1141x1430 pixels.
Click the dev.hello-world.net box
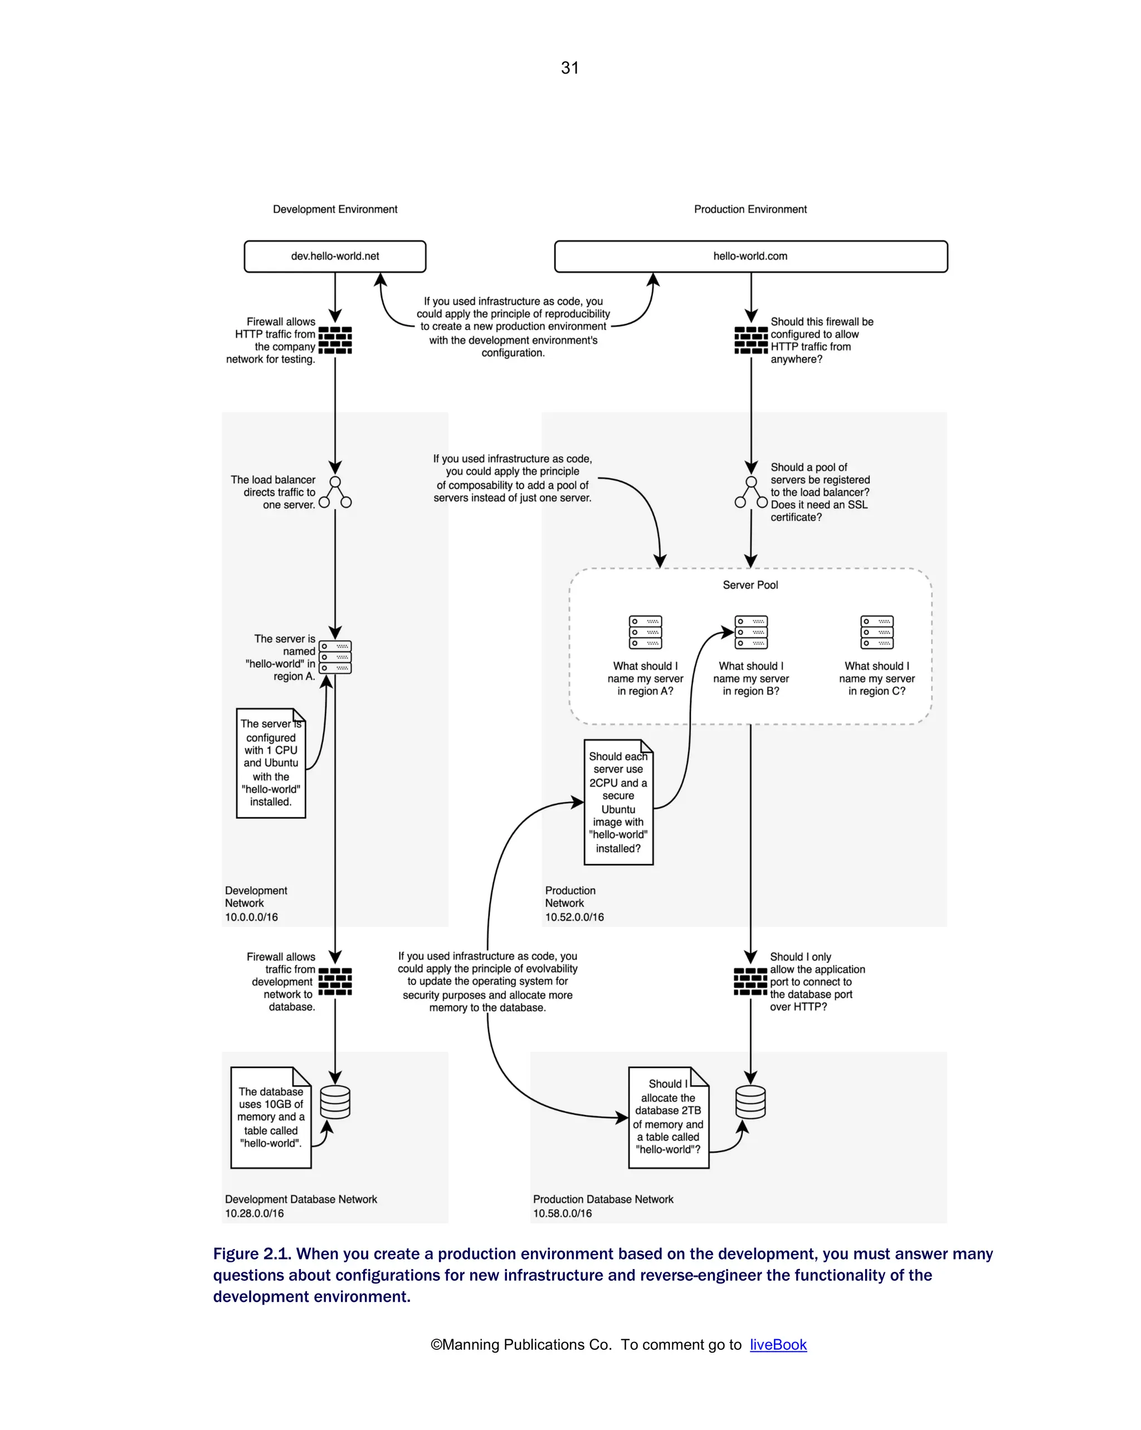point(335,256)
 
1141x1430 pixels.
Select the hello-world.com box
point(750,256)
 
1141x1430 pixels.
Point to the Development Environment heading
point(335,209)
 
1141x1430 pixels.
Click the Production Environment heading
point(750,209)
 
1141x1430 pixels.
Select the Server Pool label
point(750,585)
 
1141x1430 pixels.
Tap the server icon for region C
point(876,632)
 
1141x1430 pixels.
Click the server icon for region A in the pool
point(645,632)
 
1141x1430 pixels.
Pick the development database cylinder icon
point(335,1102)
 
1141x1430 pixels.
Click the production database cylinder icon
point(750,1102)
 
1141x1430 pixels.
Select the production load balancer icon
point(750,492)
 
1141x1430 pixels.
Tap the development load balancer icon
point(335,492)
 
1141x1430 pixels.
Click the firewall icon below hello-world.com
point(750,340)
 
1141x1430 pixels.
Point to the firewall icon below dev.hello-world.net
point(335,340)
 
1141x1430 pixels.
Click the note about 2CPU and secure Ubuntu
point(618,803)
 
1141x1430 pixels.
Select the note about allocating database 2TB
point(668,1117)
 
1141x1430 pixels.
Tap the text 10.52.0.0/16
point(574,917)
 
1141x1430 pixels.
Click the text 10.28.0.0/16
point(254,1213)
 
